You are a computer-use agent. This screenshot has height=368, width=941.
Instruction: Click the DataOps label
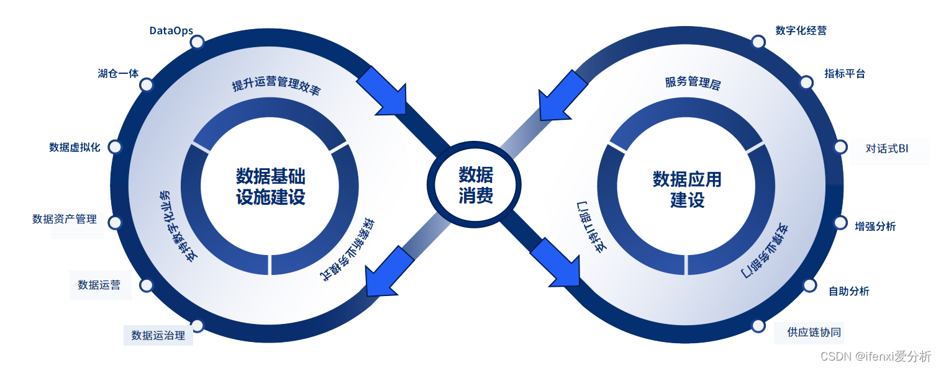click(x=171, y=30)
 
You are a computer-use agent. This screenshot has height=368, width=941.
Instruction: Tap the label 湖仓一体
click(x=118, y=73)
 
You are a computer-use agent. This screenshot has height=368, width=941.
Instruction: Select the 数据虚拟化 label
click(x=75, y=147)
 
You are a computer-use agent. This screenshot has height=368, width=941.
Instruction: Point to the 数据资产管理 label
click(x=65, y=219)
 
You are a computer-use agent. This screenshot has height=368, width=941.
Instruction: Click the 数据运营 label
click(x=99, y=285)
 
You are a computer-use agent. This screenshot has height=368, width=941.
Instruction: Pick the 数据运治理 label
click(x=158, y=336)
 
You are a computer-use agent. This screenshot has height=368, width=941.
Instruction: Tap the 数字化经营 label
click(x=801, y=30)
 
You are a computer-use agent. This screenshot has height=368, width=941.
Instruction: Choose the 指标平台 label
click(x=844, y=73)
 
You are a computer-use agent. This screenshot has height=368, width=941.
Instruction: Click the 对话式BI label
click(x=887, y=149)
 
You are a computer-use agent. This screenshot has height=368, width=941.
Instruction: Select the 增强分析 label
click(x=875, y=227)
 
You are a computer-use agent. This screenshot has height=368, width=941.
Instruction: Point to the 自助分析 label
click(x=849, y=291)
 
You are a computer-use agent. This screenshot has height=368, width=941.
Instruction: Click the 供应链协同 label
click(x=814, y=332)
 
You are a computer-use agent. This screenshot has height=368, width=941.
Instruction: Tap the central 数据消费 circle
click(x=476, y=185)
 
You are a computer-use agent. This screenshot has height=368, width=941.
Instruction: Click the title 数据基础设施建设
click(x=271, y=186)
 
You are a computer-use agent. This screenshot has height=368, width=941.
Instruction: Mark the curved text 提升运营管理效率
click(x=276, y=86)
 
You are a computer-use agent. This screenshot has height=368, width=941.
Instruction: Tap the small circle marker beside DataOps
click(x=197, y=42)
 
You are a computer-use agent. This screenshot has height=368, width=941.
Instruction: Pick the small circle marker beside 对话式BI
click(x=840, y=147)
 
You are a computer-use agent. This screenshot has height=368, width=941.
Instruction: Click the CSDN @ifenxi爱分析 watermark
click(x=876, y=356)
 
